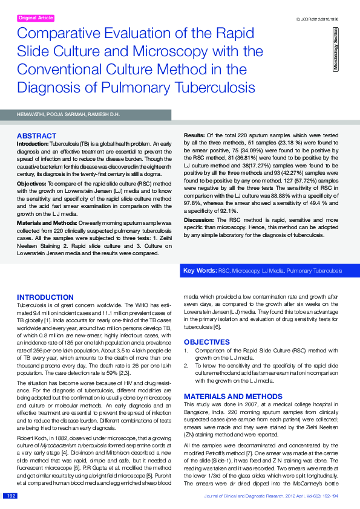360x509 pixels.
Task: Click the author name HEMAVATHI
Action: point(32,114)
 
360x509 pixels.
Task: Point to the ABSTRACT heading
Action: point(36,136)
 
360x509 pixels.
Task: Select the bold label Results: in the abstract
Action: point(194,134)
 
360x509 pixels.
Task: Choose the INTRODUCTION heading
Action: point(45,297)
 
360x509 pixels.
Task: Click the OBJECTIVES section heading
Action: point(206,342)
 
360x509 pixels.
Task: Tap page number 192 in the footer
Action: point(11,496)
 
